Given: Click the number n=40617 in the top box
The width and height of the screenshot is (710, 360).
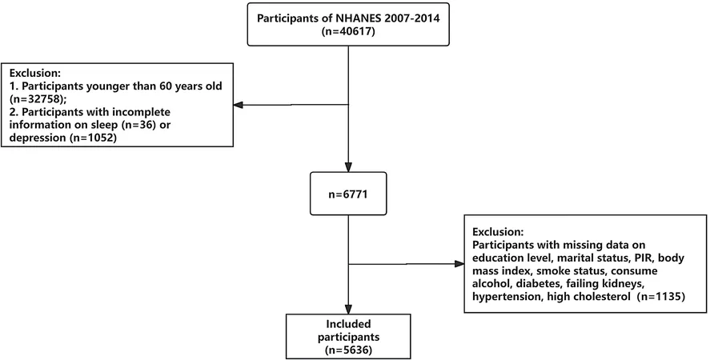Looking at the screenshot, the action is [x=348, y=33].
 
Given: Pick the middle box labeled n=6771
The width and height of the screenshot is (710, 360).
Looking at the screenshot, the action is [x=348, y=194].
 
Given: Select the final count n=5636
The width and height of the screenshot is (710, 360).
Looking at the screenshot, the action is [x=348, y=350].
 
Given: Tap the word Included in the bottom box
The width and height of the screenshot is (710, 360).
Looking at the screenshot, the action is [x=348, y=324].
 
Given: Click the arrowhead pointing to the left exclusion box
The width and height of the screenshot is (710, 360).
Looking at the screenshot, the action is [x=239, y=105].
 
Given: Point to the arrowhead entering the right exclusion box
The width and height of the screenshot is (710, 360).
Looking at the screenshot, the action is [x=459, y=263].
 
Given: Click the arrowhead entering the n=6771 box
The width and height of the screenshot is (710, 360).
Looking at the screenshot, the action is [x=348, y=167].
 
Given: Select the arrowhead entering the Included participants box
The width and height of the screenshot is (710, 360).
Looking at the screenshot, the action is [x=348, y=310].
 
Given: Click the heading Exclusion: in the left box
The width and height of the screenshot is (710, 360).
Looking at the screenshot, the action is [x=35, y=73].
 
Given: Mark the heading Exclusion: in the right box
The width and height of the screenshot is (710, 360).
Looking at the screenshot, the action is [x=498, y=231].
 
